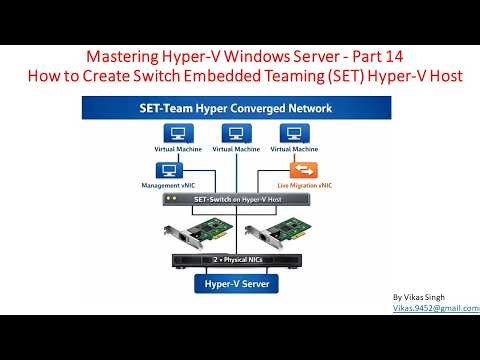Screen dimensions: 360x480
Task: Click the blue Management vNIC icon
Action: pyautogui.click(x=168, y=170)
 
